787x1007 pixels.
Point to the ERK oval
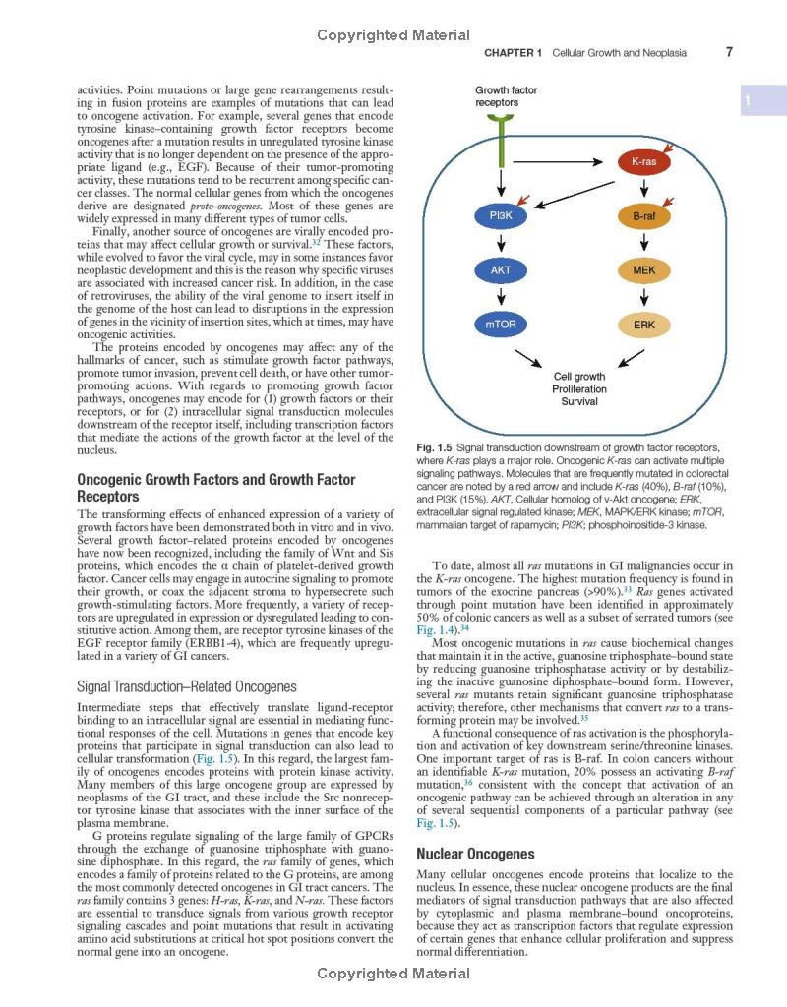coord(644,324)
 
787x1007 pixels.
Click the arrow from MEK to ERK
coord(644,296)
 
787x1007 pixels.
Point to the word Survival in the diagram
coord(579,402)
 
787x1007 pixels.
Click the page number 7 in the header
coord(729,52)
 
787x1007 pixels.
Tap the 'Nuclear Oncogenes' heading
coord(475,854)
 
